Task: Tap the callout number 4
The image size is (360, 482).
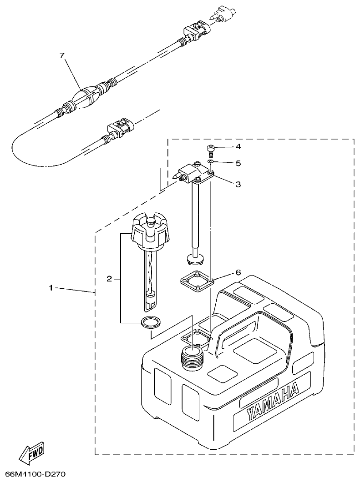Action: [238, 147]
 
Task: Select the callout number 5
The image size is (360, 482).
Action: [238, 163]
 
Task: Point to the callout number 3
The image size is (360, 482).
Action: [238, 184]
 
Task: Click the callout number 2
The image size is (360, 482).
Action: [109, 279]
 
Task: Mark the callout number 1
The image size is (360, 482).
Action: [52, 288]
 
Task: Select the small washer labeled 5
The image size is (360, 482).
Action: [211, 161]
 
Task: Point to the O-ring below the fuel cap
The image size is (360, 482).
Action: [150, 322]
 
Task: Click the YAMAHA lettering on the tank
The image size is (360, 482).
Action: [273, 400]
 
